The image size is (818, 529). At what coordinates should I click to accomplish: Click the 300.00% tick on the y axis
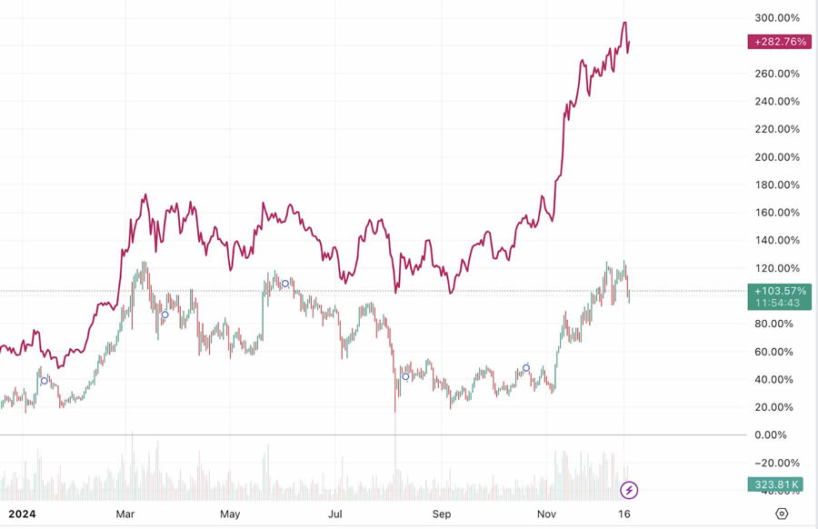click(776, 18)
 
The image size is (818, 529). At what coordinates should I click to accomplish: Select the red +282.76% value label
click(779, 42)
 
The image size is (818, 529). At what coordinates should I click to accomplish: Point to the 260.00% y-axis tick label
click(776, 74)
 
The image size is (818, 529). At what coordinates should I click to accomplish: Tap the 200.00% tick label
click(776, 157)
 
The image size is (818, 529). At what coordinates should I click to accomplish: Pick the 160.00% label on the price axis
click(776, 213)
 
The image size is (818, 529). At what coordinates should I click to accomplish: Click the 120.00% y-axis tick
click(776, 268)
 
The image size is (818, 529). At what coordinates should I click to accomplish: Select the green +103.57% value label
click(779, 291)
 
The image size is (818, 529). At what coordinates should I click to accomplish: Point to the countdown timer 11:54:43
click(779, 303)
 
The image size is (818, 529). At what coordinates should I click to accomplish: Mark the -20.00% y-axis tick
click(776, 463)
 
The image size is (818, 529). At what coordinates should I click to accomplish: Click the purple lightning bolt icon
click(629, 491)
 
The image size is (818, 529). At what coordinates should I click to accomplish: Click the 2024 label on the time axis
click(21, 514)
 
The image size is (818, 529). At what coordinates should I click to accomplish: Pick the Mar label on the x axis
click(125, 514)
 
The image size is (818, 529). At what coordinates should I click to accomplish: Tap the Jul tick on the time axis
click(335, 514)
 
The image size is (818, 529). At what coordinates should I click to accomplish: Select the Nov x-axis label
click(547, 514)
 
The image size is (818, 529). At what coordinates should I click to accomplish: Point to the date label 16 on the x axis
click(625, 514)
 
